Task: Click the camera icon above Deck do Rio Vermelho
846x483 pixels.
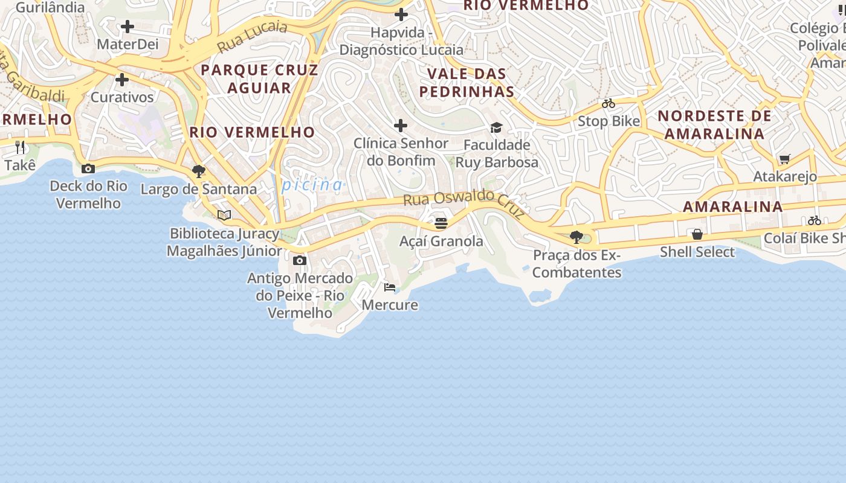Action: pyautogui.click(x=88, y=168)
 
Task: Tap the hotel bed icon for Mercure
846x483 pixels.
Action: pyautogui.click(x=390, y=287)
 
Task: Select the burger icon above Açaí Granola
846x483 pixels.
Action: pyautogui.click(x=441, y=223)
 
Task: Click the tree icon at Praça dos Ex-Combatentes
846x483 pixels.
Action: pyautogui.click(x=576, y=237)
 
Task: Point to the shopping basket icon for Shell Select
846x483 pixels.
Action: pyautogui.click(x=697, y=234)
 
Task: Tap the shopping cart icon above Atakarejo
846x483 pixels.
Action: pyautogui.click(x=784, y=159)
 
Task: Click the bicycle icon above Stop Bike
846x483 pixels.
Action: pyautogui.click(x=609, y=103)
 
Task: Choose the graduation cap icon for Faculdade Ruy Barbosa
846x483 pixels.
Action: pyautogui.click(x=496, y=127)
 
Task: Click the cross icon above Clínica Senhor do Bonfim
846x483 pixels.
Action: pyautogui.click(x=400, y=126)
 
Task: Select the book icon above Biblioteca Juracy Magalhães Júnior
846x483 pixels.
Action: pyautogui.click(x=224, y=215)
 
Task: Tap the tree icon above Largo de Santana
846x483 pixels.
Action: pyautogui.click(x=198, y=171)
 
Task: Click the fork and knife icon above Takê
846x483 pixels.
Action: pyautogui.click(x=20, y=147)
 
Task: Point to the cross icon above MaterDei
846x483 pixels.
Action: pyautogui.click(x=127, y=27)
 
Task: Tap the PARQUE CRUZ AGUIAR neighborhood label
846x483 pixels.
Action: pyautogui.click(x=259, y=78)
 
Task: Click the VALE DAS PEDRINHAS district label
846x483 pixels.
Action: pyautogui.click(x=467, y=83)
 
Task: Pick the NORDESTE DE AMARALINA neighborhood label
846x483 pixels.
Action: pyautogui.click(x=714, y=124)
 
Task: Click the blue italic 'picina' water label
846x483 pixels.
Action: pyautogui.click(x=312, y=185)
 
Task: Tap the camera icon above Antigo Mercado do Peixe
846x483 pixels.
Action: pyautogui.click(x=299, y=261)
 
